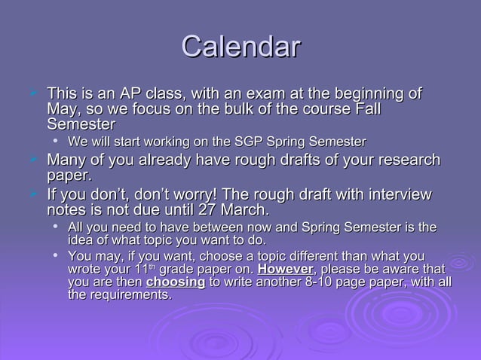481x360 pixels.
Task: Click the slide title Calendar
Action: point(240,47)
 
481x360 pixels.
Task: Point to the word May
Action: point(62,110)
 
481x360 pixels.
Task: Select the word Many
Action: point(66,160)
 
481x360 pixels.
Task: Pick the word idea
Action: point(81,240)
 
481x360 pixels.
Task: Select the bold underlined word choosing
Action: point(175,282)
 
